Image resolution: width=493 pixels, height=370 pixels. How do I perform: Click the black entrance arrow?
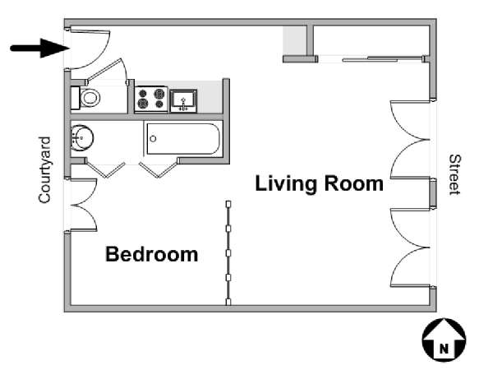[39, 49]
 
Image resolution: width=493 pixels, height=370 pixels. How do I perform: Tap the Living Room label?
[319, 183]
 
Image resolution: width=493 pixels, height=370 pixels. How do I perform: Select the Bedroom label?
[151, 254]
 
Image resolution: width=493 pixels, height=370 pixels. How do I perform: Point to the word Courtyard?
[44, 170]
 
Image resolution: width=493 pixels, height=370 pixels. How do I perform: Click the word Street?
[454, 174]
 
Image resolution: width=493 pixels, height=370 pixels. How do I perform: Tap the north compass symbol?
[444, 340]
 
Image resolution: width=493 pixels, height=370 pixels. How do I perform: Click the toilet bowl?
[90, 98]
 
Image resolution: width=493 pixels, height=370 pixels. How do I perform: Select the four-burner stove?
[151, 99]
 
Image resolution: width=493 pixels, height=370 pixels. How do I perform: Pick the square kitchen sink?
[183, 101]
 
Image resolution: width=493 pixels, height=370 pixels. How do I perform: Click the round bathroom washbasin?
[81, 138]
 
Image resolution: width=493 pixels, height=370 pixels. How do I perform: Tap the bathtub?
[183, 139]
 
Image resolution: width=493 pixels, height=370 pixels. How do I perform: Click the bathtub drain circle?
[153, 139]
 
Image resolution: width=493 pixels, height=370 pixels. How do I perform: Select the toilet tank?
[75, 98]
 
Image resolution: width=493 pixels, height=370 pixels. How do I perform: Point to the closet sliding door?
[382, 59]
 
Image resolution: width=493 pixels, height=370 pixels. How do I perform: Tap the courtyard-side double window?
[82, 205]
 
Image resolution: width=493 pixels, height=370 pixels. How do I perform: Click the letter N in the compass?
[444, 349]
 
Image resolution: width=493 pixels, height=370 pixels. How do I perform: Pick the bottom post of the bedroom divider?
[228, 302]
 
